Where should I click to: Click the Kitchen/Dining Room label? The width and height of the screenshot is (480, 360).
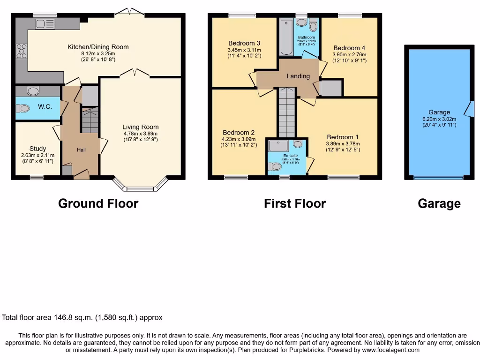coord(98,47)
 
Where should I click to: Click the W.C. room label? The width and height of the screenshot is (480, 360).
coord(45,107)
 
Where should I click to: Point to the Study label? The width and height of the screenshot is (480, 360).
coord(37,149)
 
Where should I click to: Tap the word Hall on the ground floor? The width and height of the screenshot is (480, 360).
coord(81,150)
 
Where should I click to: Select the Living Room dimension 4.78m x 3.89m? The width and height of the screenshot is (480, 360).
coord(141,133)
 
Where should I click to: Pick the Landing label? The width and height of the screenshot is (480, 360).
coord(298,76)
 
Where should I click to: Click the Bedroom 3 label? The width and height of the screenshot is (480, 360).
coord(244,44)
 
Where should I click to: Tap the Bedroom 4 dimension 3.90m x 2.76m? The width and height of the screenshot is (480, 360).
coord(349,54)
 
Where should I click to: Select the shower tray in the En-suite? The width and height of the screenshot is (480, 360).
coord(280,147)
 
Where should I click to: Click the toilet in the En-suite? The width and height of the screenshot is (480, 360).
coord(277,166)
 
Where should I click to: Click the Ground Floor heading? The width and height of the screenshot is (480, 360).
coord(98,203)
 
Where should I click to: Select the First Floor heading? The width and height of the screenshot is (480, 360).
coord(294,203)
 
